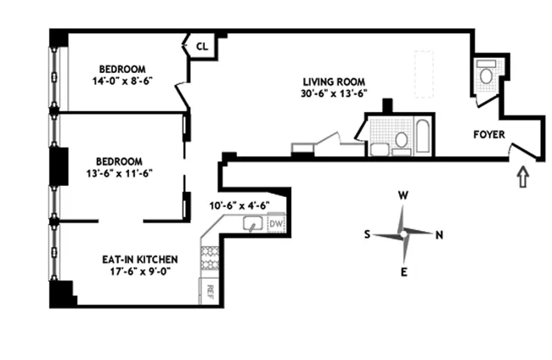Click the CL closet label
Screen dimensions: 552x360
point(202,46)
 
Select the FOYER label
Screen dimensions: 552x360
point(489,133)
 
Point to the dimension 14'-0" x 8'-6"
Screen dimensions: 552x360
point(122,82)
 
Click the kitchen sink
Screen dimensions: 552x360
point(252,224)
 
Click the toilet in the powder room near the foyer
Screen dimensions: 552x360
point(487,76)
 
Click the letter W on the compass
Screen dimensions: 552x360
point(404,195)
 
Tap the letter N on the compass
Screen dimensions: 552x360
point(438,235)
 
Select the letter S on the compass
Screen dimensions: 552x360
point(368,235)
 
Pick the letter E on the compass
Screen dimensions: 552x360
point(404,273)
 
